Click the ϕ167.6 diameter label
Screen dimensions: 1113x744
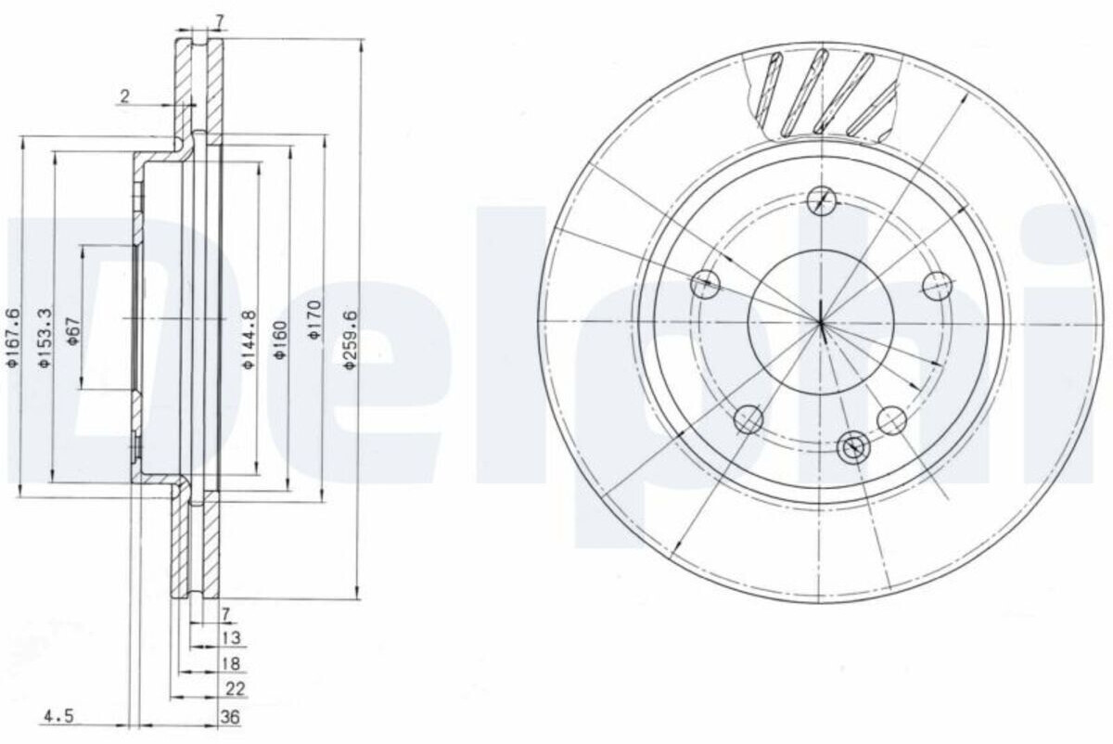(13, 338)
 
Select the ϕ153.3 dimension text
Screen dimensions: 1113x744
(45, 338)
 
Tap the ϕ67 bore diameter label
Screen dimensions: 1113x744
(73, 331)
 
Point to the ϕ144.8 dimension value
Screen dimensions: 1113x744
(249, 340)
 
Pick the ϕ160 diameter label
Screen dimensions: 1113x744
(281, 340)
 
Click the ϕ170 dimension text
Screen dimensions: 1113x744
(315, 320)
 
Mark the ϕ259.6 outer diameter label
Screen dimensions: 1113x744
(351, 340)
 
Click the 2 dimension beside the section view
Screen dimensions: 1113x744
(124, 96)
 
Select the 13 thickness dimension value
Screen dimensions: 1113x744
(232, 637)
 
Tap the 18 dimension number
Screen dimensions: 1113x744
(232, 663)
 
